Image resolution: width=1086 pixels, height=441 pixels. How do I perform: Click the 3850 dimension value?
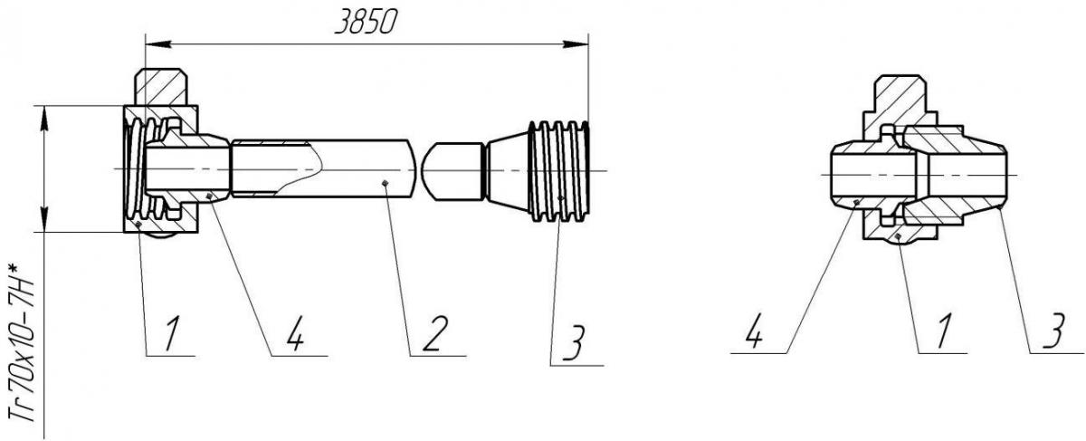pos(366,23)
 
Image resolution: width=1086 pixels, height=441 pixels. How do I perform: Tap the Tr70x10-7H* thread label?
pos(23,342)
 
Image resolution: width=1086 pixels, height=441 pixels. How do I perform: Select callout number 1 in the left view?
pos(171,333)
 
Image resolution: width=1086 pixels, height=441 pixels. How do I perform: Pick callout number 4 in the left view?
pos(294,333)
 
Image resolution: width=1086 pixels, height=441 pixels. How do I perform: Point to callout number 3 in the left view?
pos(575,342)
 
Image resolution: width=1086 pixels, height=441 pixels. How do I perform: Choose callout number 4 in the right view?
pos(755,331)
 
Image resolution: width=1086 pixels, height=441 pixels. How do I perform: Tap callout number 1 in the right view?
pos(942,331)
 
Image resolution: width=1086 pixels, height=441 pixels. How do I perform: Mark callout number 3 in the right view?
pos(1053,331)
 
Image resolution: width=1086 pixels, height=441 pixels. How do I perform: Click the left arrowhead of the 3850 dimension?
pos(157,44)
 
